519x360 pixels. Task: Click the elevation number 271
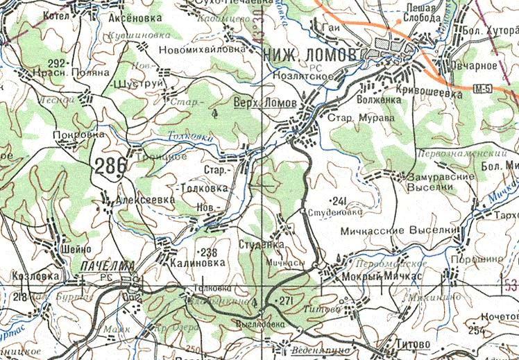coord(286,300)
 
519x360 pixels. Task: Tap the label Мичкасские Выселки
coord(401,229)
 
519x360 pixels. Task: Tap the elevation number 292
coord(56,63)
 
